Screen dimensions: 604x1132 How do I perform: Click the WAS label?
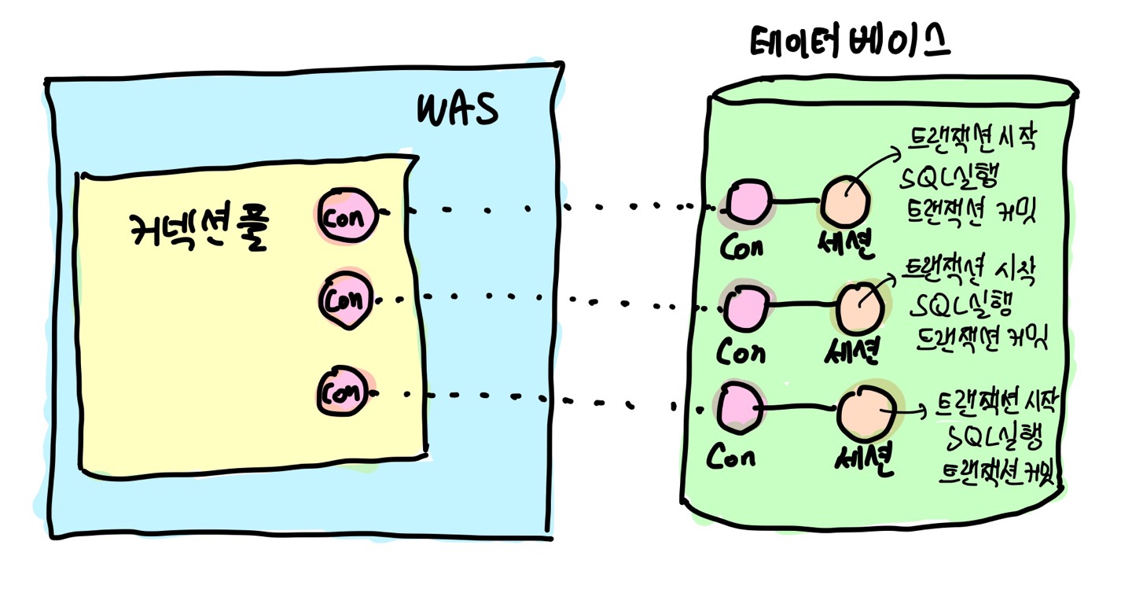(457, 111)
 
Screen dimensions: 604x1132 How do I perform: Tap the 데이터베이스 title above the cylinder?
(850, 43)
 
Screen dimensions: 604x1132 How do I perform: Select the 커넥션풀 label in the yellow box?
(197, 231)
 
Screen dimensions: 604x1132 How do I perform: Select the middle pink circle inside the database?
(746, 308)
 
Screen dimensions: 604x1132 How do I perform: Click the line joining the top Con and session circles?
(796, 203)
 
